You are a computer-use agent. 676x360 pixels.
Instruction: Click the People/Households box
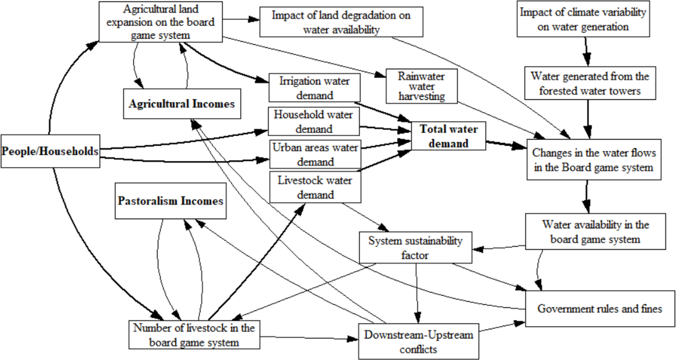pos(50,151)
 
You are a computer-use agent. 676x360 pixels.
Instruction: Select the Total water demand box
pos(449,136)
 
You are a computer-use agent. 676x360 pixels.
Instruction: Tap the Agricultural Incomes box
pos(182,104)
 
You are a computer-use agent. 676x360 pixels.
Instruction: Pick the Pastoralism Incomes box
pos(171,201)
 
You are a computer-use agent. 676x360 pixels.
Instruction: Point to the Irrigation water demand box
pos(314,88)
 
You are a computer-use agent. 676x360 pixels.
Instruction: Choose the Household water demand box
pos(314,121)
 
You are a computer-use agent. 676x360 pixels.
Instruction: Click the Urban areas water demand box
pos(315,154)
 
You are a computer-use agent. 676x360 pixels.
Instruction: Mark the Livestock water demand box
pos(315,187)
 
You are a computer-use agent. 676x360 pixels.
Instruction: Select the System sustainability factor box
pos(415,247)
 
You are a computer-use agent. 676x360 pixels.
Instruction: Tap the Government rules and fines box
pos(600,308)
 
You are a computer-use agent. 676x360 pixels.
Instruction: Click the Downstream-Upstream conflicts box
pos(418,341)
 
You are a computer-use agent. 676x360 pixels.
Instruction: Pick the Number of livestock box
pos(194,335)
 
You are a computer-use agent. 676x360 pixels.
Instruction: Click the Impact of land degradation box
pos(341,22)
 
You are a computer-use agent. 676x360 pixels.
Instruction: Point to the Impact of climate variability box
pos(583,19)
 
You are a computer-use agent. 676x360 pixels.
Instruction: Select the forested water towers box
pos(589,83)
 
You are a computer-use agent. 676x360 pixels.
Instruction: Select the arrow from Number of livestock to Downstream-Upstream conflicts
pos(309,338)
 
